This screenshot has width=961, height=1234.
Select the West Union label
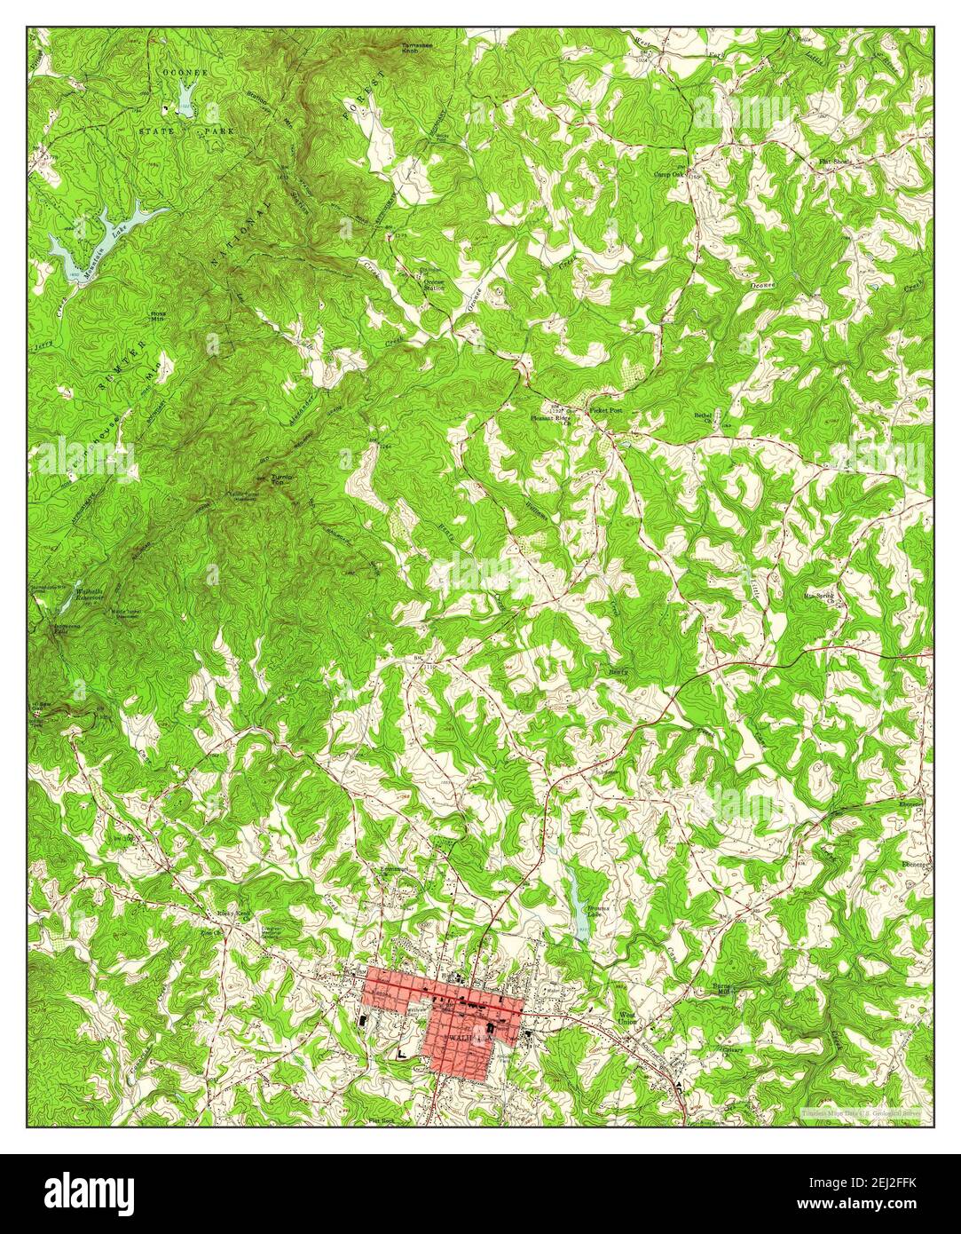tap(628, 1017)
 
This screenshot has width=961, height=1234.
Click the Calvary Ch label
tap(707, 1051)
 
